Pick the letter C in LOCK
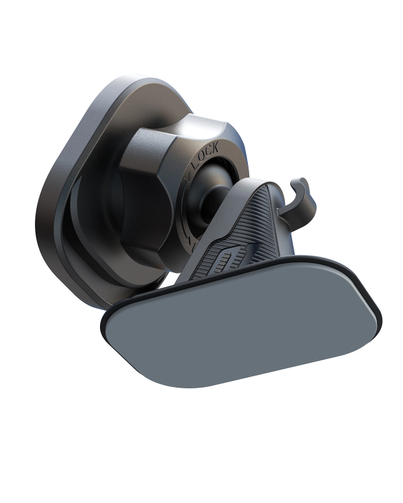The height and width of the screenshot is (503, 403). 208,150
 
